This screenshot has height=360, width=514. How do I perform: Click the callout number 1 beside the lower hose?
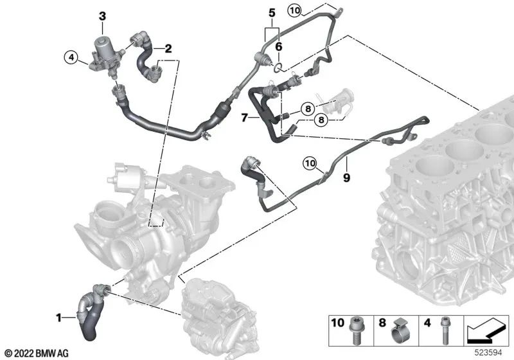click(59, 317)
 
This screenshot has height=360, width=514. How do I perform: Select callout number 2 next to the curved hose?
click(168, 48)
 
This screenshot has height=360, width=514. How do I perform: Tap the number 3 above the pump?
click(102, 15)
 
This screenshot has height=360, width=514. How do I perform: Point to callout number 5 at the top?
click(271, 12)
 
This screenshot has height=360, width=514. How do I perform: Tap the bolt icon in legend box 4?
click(443, 335)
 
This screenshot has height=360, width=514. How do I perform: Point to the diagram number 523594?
click(489, 353)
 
